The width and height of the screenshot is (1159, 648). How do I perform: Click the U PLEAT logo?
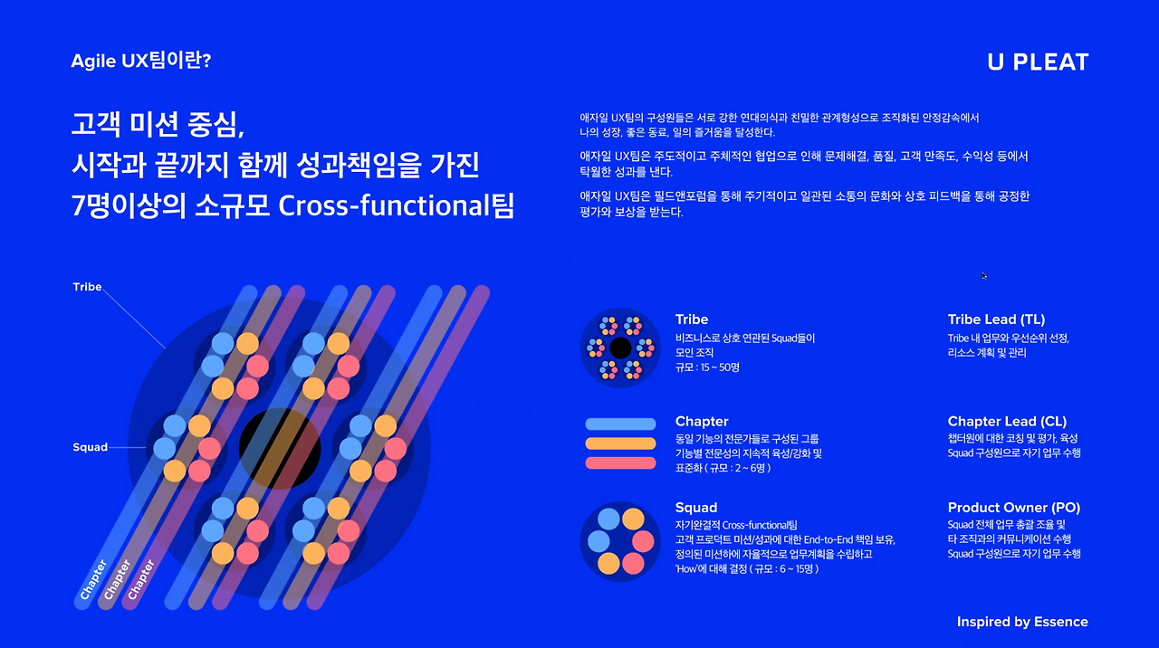(x=1038, y=62)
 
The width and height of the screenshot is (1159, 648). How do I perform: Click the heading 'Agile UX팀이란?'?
(x=141, y=62)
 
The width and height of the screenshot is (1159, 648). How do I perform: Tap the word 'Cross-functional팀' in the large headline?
(x=397, y=205)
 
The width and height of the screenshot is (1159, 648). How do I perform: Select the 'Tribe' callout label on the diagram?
(x=87, y=287)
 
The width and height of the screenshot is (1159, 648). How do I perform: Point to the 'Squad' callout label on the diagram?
(x=90, y=447)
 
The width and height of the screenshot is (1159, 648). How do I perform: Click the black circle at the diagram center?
(x=279, y=449)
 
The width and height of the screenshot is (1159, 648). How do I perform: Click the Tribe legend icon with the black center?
(x=620, y=348)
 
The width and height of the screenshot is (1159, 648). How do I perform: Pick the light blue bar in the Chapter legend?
(x=620, y=424)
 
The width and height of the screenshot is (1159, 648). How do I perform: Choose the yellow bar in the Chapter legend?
(x=620, y=443)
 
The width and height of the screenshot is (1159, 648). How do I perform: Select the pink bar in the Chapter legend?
(x=620, y=463)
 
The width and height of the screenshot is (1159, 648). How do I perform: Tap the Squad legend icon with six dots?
(x=620, y=541)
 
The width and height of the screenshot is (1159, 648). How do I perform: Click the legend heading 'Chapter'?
(x=702, y=421)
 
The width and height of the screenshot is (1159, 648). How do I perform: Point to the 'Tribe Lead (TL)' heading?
(x=996, y=319)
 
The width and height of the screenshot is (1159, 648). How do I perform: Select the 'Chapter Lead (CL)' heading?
(x=1007, y=421)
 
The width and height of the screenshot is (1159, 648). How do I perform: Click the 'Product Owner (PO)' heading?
(x=1013, y=508)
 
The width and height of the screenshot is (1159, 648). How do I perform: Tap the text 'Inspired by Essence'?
(x=1022, y=622)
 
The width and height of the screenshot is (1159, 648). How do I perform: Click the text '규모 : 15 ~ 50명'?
(x=707, y=367)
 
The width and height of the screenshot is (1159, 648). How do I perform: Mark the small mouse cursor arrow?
(x=983, y=276)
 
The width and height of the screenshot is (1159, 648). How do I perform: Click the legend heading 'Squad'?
(x=696, y=508)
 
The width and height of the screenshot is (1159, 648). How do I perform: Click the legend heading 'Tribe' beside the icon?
(x=692, y=319)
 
